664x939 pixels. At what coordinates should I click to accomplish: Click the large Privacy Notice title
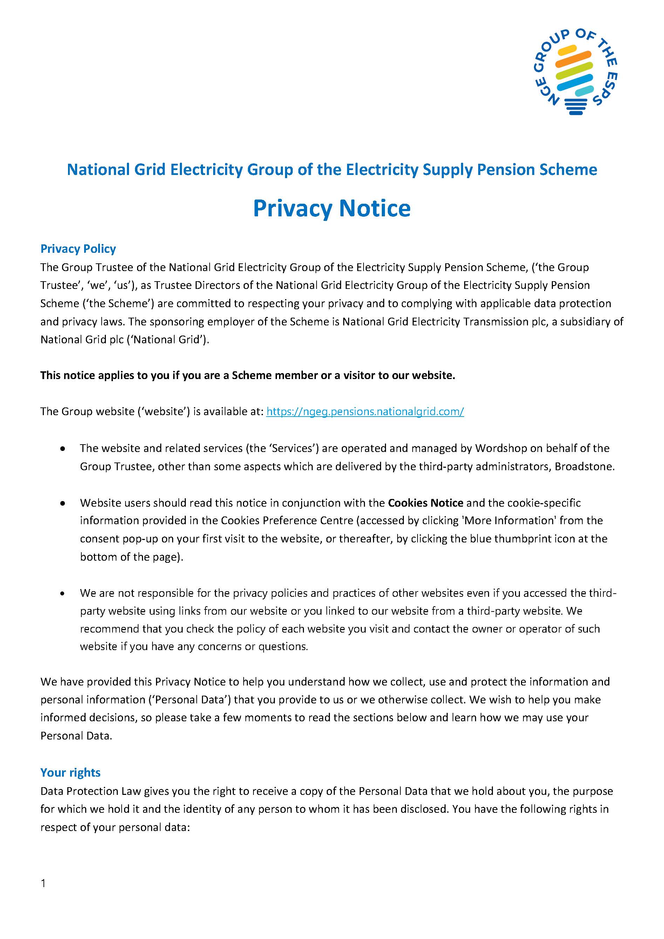point(332,208)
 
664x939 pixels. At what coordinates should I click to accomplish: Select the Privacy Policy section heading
point(78,249)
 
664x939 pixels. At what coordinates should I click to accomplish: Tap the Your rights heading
point(70,772)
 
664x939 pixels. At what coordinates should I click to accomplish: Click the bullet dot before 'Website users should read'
point(62,504)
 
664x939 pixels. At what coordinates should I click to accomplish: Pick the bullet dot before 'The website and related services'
point(62,449)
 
